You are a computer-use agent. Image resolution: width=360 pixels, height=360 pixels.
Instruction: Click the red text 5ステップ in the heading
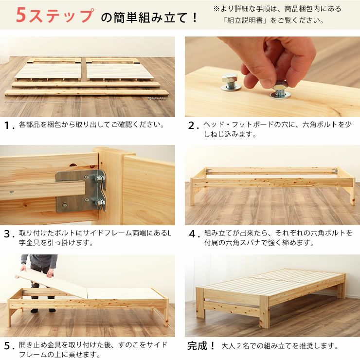[x=54, y=16]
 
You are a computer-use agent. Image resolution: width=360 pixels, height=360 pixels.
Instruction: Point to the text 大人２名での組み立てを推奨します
[x=279, y=346]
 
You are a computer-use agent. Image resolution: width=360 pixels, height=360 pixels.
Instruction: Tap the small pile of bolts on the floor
[x=159, y=98]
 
